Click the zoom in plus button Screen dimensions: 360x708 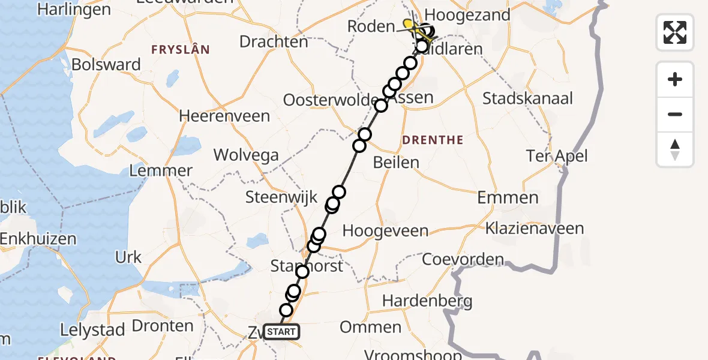[675, 79]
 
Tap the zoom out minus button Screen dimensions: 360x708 [675, 114]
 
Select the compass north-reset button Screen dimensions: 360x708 [675, 149]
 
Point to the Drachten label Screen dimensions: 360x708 [274, 42]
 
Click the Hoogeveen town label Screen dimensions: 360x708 [385, 231]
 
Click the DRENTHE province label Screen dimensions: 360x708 [433, 140]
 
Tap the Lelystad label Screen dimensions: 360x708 [92, 330]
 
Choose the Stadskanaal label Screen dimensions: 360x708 [528, 98]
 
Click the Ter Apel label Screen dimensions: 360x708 [557, 157]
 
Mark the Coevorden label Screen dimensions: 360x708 [463, 260]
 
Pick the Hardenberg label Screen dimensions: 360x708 [427, 301]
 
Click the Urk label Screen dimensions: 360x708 [128, 257]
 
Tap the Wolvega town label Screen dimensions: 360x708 [246, 155]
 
